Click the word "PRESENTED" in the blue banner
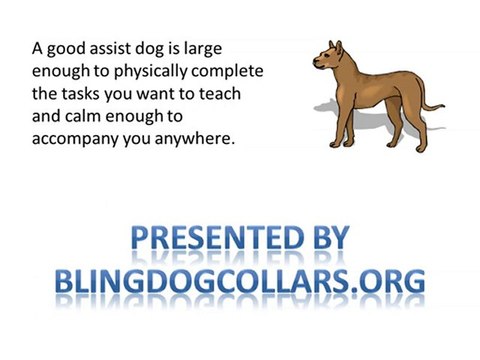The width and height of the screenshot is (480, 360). (x=201, y=239)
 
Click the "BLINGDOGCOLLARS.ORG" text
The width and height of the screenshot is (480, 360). (x=240, y=279)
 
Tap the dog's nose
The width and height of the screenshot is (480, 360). (x=315, y=63)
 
